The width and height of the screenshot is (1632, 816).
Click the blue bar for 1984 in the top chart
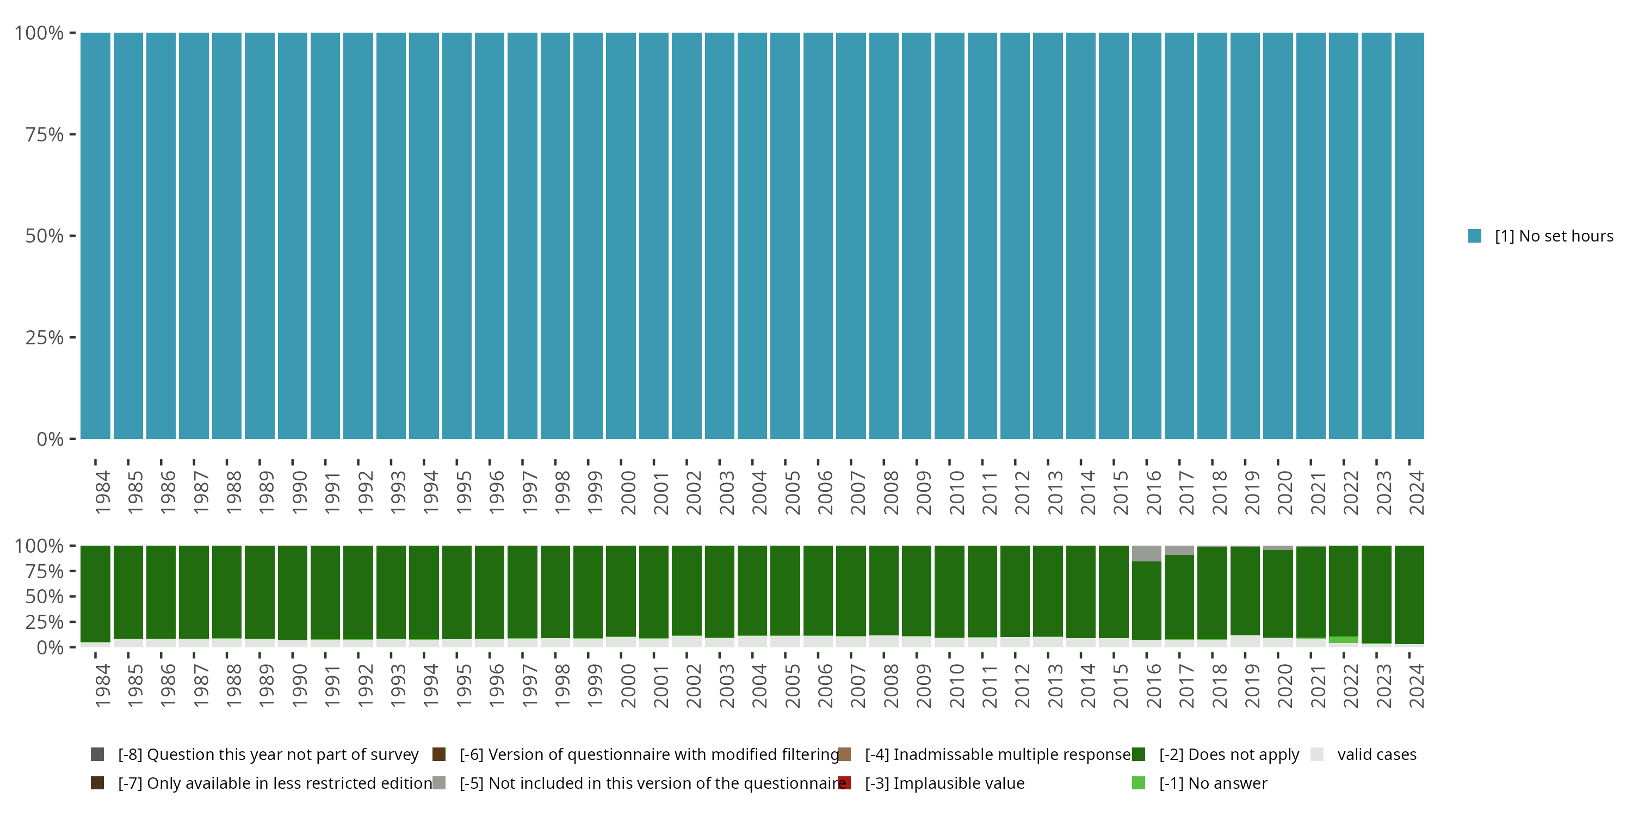[x=95, y=236]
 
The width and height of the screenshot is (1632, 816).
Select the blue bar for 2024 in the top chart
[x=1409, y=236]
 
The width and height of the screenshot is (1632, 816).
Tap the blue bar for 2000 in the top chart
[x=621, y=236]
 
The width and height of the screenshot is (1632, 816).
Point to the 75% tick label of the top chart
[x=45, y=134]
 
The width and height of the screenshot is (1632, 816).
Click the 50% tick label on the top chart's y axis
[x=45, y=236]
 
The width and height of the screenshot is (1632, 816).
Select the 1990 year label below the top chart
[x=300, y=492]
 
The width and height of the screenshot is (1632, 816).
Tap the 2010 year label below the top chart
[x=957, y=492]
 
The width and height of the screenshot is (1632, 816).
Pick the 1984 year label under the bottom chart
[x=103, y=686]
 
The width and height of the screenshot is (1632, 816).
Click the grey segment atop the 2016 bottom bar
[x=1146, y=553]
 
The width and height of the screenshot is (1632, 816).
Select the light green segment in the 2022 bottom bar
[x=1343, y=640]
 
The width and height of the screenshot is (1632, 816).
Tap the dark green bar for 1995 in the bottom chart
[x=457, y=592]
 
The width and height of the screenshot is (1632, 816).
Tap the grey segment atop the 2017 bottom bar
[x=1179, y=550]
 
